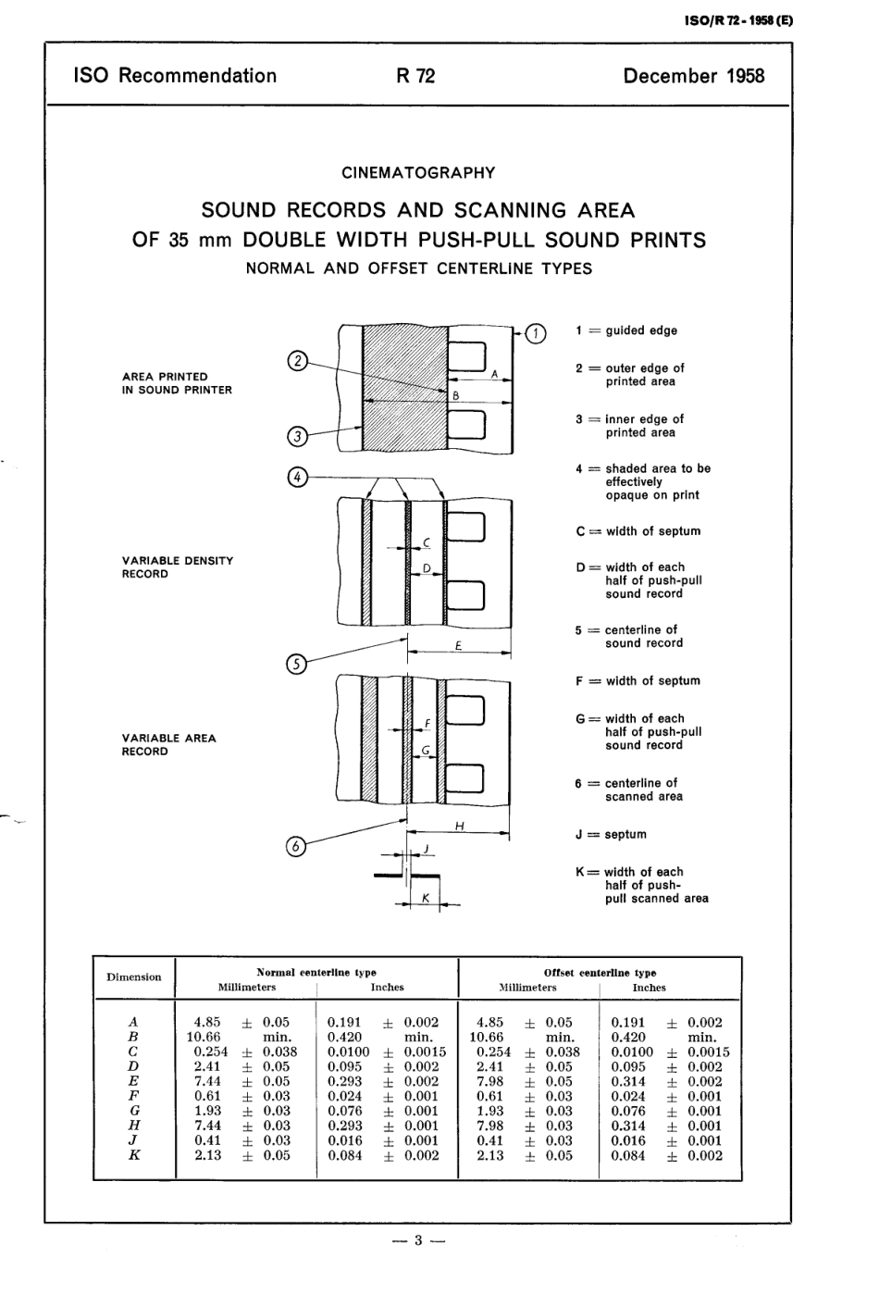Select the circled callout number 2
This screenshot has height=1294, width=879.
pyautogui.click(x=297, y=362)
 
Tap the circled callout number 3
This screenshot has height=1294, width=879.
pyautogui.click(x=297, y=436)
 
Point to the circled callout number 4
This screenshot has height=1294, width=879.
pyautogui.click(x=297, y=478)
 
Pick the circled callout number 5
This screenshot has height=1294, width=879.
pyautogui.click(x=296, y=663)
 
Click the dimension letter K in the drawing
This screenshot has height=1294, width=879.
pyautogui.click(x=425, y=898)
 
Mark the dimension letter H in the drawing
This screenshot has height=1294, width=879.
pyautogui.click(x=459, y=826)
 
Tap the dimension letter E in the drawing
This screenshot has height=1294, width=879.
pyautogui.click(x=459, y=645)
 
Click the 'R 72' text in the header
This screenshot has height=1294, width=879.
pyautogui.click(x=415, y=76)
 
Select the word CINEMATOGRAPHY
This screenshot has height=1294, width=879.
pyautogui.click(x=418, y=173)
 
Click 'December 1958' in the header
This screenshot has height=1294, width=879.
pyautogui.click(x=694, y=76)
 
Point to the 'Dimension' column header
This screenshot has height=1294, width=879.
pyautogui.click(x=134, y=977)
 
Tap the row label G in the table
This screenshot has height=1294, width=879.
pyautogui.click(x=135, y=1111)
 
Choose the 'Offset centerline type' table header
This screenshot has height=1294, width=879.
pyautogui.click(x=600, y=973)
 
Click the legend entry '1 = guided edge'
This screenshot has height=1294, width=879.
pyautogui.click(x=626, y=330)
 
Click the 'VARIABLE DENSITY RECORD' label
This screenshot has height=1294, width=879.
pyautogui.click(x=178, y=567)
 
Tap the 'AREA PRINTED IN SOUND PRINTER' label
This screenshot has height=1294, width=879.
pyautogui.click(x=177, y=383)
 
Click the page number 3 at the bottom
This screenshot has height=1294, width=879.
pyautogui.click(x=418, y=1240)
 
